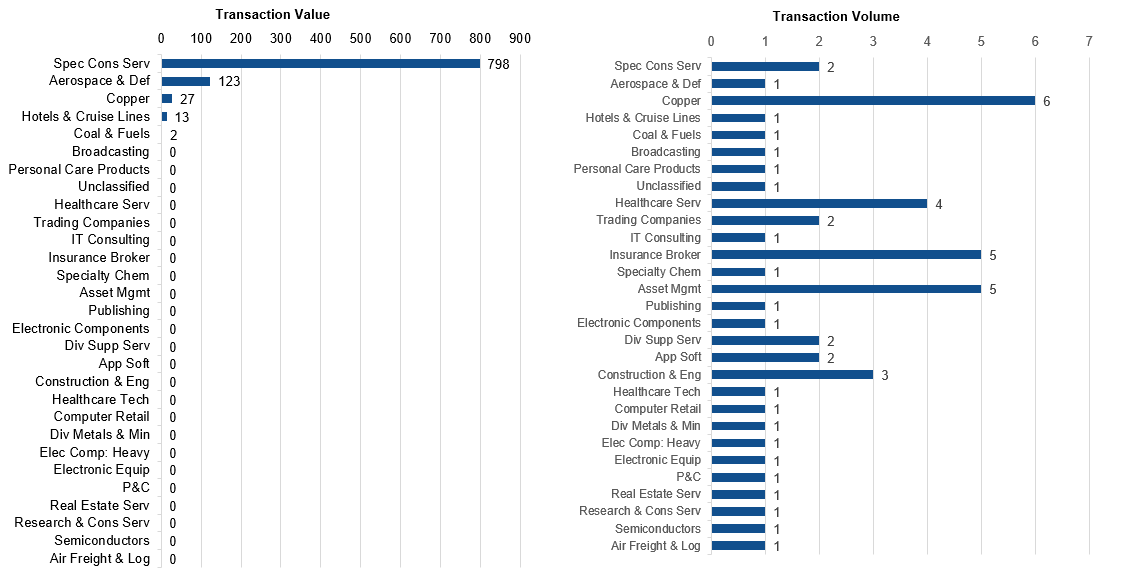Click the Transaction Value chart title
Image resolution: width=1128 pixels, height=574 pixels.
(x=273, y=14)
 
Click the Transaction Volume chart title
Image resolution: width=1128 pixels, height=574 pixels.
(x=836, y=16)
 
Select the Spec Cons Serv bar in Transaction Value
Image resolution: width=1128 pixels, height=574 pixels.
(x=321, y=63)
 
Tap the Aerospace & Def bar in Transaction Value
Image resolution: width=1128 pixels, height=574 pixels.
(x=186, y=81)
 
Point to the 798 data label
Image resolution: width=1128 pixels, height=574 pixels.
(x=498, y=65)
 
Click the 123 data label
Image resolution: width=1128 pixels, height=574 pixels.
(x=229, y=82)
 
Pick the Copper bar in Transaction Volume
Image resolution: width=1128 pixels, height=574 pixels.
(x=873, y=101)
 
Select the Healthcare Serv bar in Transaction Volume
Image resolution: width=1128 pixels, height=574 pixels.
(x=819, y=204)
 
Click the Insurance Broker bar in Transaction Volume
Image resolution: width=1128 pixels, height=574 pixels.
(x=846, y=255)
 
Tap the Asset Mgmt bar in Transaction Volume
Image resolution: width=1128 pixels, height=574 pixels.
(x=846, y=289)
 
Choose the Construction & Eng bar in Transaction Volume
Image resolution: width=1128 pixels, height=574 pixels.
(x=792, y=375)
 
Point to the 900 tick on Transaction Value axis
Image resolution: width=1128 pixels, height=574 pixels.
(x=519, y=38)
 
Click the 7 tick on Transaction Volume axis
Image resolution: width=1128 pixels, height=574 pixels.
(x=1089, y=41)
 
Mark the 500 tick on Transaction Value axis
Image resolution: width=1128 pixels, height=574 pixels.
(x=360, y=38)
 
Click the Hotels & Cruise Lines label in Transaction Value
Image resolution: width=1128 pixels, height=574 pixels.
(x=86, y=116)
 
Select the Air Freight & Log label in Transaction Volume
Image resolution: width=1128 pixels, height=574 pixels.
(x=655, y=546)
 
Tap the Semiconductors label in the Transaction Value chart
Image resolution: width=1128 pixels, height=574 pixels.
(x=101, y=540)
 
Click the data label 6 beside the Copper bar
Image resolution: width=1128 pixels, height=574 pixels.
(x=1047, y=101)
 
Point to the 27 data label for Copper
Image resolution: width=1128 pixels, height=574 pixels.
(x=187, y=99)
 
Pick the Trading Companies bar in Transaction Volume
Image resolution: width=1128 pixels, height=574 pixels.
(x=765, y=221)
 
